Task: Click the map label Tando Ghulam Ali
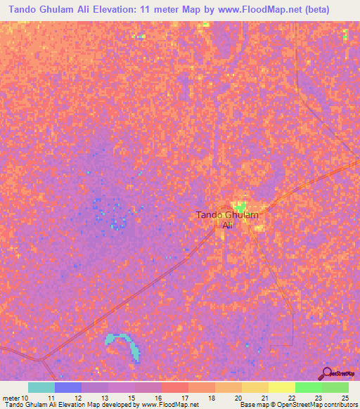[x=227, y=220]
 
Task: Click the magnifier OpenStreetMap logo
[x=326, y=373]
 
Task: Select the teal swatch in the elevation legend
[x=41, y=387]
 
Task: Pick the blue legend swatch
[x=68, y=387]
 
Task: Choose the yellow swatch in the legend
[x=282, y=387]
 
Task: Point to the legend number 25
[x=344, y=398]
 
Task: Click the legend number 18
[x=202, y=398]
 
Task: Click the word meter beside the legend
[x=12, y=398]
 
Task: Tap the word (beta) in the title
[x=328, y=9]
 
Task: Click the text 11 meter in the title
[x=169, y=9]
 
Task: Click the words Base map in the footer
[x=255, y=405]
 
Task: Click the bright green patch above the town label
[x=241, y=207]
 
